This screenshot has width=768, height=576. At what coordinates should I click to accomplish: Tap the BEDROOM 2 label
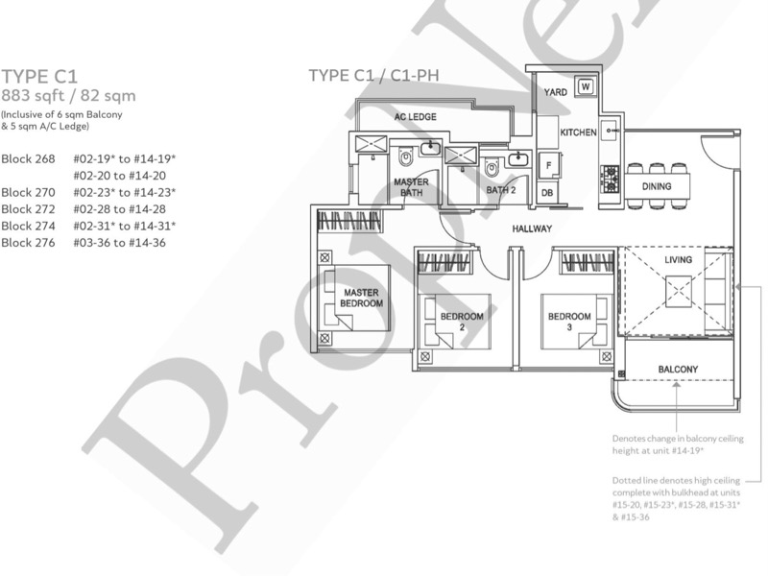462,321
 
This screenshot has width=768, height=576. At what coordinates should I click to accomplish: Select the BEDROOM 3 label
569,321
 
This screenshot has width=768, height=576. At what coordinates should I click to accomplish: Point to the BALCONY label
677,370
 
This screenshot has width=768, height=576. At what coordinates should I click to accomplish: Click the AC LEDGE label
415,117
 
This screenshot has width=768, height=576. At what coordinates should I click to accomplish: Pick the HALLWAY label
531,229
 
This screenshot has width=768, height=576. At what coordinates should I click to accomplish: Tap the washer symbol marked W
585,88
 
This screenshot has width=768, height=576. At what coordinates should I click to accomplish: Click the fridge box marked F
548,165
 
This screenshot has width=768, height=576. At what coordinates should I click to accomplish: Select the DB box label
547,193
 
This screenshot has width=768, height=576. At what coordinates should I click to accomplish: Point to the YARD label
556,92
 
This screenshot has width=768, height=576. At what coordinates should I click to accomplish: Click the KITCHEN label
579,132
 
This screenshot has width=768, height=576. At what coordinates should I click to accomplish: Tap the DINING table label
658,186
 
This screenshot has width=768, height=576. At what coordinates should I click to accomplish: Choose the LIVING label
678,260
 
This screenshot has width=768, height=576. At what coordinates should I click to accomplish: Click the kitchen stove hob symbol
609,176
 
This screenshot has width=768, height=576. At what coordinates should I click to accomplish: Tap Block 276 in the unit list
29,243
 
